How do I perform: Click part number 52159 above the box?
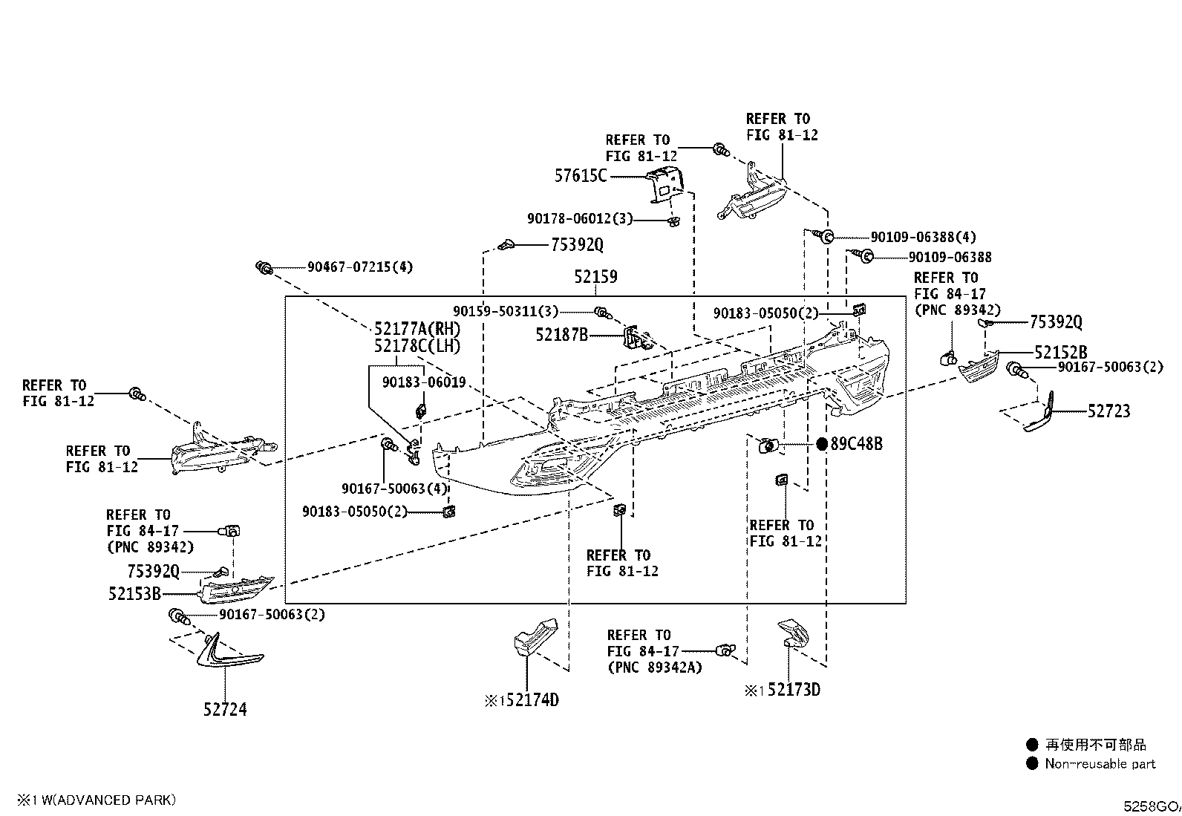(x=595, y=276)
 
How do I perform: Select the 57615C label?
(x=581, y=176)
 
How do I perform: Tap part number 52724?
(x=225, y=709)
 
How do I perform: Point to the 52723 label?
(x=1109, y=411)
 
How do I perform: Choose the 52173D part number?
(x=794, y=690)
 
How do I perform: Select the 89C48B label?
(x=856, y=444)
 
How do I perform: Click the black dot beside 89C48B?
(x=822, y=445)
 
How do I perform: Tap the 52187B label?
(x=561, y=335)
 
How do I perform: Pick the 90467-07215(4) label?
(x=360, y=267)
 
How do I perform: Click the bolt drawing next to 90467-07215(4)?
(x=264, y=267)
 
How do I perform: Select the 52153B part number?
(x=134, y=594)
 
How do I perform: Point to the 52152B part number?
(x=1061, y=352)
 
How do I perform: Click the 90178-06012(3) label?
(x=580, y=218)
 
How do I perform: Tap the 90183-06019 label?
(x=424, y=382)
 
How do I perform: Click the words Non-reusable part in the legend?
(x=1100, y=764)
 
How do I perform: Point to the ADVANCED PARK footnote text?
(x=108, y=800)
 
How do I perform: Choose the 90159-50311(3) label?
(x=506, y=311)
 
